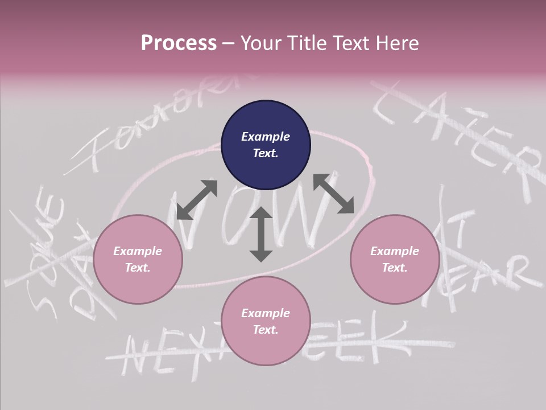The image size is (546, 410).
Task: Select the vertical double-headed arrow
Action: click(261, 235)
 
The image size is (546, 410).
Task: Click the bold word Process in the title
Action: click(179, 43)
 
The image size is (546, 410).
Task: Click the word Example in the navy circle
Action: click(266, 137)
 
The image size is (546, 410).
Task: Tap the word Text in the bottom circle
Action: click(265, 330)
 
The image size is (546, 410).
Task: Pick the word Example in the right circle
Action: click(395, 251)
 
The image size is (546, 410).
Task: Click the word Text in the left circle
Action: click(138, 268)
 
